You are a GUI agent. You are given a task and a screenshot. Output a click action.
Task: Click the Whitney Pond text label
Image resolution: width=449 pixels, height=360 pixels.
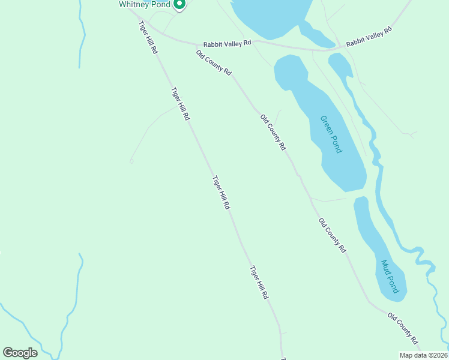pyautogui.click(x=144, y=4)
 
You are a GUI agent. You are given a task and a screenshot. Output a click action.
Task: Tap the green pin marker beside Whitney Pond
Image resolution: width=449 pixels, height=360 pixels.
pyautogui.click(x=179, y=4)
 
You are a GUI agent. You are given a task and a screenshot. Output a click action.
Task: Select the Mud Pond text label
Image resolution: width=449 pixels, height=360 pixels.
pyautogui.click(x=390, y=276)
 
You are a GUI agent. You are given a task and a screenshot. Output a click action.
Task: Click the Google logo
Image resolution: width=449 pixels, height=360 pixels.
pyautogui.click(x=20, y=353)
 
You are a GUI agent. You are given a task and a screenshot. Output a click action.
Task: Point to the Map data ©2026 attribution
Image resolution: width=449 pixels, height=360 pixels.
pyautogui.click(x=423, y=355)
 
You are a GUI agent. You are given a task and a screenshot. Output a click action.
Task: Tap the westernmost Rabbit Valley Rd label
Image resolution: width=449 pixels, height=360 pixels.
pyautogui.click(x=227, y=44)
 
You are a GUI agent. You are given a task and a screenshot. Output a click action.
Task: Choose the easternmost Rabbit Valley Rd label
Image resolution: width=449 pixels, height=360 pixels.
pyautogui.click(x=369, y=37)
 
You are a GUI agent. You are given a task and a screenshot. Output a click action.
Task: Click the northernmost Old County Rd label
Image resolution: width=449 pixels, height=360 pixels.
pyautogui.click(x=214, y=62)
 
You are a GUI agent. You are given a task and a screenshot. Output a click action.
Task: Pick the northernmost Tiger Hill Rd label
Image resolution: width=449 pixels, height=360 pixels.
pyautogui.click(x=148, y=38)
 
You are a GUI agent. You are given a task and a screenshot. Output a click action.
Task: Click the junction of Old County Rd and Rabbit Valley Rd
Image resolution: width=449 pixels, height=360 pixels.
pyautogui.click(x=197, y=45)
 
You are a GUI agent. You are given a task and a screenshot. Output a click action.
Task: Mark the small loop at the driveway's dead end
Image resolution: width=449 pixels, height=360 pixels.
pyautogui.click(x=131, y=161)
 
